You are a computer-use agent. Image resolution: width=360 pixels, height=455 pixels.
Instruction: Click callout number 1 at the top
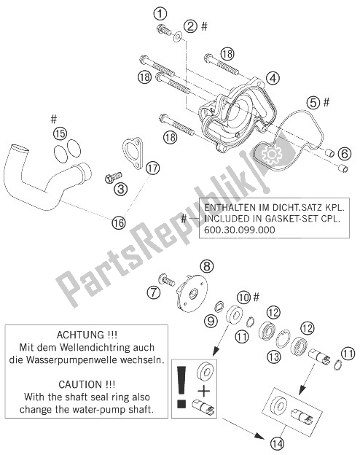tap(161, 13)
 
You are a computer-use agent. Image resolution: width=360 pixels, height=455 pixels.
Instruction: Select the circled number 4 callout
tap(273, 78)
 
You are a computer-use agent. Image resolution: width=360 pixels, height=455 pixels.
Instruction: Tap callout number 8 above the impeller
tap(207, 266)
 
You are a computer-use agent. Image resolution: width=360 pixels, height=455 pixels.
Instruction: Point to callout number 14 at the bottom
tap(277, 443)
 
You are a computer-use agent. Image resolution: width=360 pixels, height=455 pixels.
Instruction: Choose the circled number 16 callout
tap(119, 222)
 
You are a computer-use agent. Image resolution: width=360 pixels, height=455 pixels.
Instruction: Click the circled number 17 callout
tap(153, 168)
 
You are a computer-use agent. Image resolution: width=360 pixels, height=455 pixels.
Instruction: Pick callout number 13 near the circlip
tap(274, 356)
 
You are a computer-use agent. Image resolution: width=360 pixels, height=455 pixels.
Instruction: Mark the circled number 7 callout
tap(154, 292)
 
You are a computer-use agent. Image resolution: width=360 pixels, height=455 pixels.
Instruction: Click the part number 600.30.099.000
tap(240, 230)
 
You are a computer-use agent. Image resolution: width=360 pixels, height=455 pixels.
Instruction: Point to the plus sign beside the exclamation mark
tap(203, 392)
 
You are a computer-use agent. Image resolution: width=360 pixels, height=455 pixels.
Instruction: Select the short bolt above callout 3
tap(114, 177)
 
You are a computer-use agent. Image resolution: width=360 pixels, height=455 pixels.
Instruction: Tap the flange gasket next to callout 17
tap(133, 153)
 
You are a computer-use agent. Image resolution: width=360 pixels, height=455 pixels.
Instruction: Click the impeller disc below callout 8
tap(192, 294)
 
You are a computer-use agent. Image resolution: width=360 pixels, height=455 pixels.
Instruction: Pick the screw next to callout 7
tap(166, 280)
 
